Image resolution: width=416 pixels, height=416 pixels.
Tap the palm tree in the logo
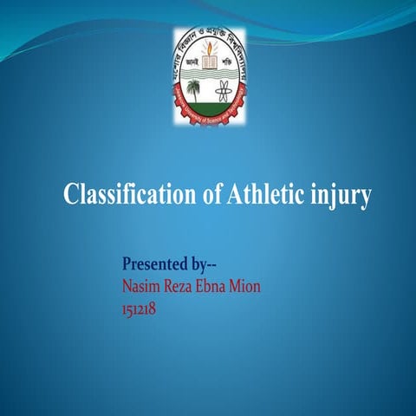pos(192,88)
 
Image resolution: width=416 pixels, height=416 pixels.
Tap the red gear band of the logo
pos(208,125)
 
